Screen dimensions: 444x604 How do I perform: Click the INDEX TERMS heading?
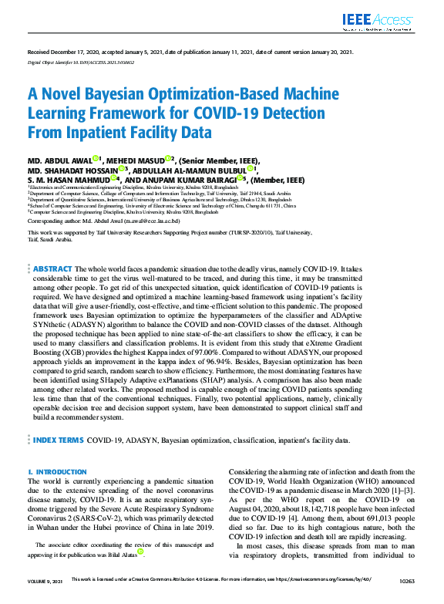coord(58,440)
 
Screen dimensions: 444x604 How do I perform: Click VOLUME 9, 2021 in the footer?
coord(45,599)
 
